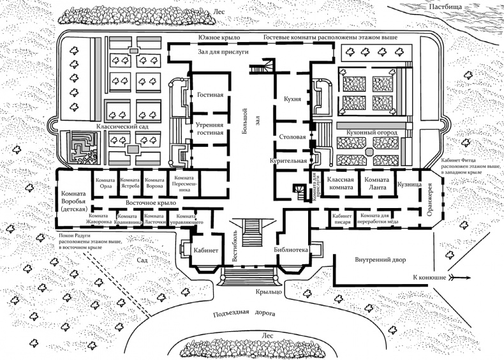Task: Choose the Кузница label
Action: click(410, 184)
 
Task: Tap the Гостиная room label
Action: click(209, 96)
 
